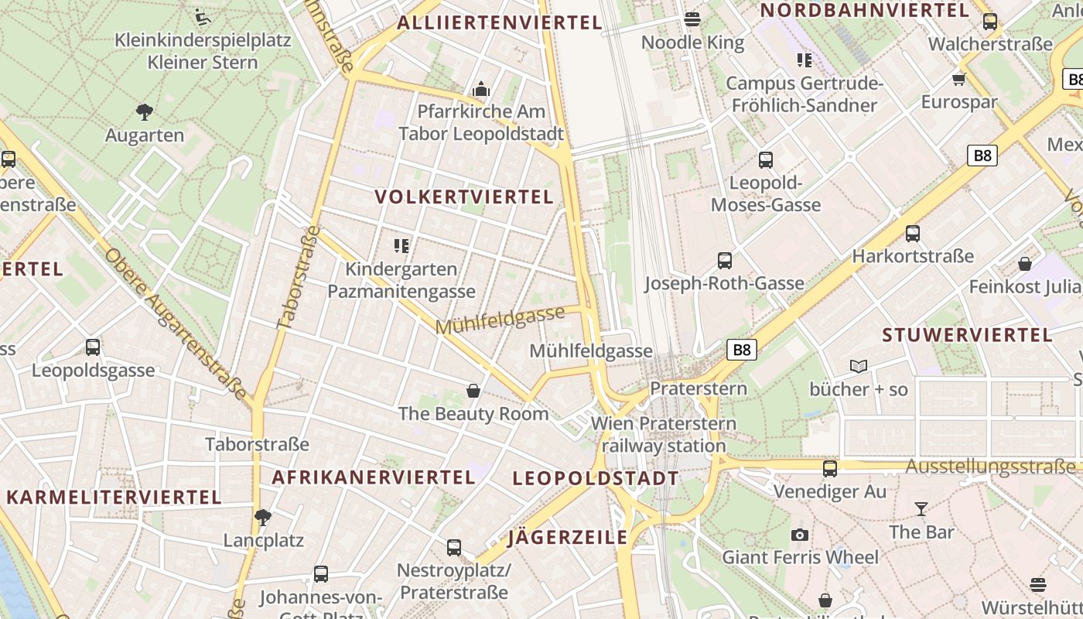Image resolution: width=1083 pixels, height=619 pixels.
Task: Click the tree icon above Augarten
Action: (144, 112)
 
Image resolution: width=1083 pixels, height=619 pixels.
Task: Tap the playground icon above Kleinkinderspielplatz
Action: (203, 16)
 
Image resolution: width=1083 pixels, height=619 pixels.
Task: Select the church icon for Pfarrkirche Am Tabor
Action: (481, 89)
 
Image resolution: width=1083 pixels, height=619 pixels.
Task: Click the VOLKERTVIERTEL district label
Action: (464, 197)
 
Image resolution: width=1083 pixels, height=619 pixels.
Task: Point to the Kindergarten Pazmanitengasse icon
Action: (401, 246)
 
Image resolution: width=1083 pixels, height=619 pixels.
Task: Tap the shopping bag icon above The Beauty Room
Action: (473, 391)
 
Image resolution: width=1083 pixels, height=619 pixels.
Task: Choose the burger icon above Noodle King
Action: (692, 19)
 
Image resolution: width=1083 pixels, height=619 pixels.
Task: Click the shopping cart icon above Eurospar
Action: (959, 79)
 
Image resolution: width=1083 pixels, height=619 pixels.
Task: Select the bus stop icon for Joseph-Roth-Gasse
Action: (725, 261)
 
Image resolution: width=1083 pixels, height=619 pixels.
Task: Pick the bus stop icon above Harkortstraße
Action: (913, 233)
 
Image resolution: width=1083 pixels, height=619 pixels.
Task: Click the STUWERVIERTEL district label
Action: (968, 335)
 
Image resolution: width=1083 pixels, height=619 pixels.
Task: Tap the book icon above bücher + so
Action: (859, 366)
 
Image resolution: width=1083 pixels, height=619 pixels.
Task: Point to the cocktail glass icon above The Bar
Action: (921, 508)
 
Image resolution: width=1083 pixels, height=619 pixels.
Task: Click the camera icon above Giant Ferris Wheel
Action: (800, 535)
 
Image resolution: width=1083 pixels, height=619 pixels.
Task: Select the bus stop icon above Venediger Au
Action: (830, 468)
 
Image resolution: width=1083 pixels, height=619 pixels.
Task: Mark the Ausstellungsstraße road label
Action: (990, 467)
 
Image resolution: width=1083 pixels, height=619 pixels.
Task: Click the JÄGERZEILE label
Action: (568, 538)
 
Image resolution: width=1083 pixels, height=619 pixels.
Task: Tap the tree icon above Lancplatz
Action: (263, 517)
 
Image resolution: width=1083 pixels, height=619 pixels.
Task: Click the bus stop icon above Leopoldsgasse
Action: (93, 347)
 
